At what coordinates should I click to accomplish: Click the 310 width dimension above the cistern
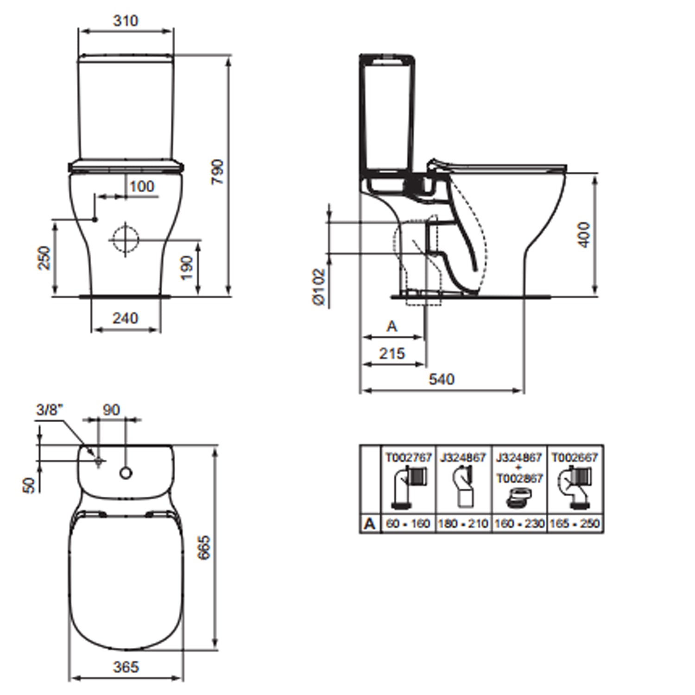coord(126,21)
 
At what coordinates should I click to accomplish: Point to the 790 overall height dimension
coord(217,172)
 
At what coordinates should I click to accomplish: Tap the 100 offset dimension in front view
coord(141,186)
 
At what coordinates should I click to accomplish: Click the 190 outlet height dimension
coord(187,268)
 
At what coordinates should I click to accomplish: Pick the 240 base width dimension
coord(125,318)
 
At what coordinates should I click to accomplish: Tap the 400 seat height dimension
coord(584,234)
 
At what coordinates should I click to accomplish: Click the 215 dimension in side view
coord(392,354)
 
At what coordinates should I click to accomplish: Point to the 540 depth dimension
coord(441,379)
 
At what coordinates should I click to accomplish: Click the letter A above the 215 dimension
coord(392,327)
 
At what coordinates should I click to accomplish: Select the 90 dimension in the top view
coord(111,410)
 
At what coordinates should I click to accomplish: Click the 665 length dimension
coord(204,548)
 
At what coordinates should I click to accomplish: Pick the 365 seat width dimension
coord(126,667)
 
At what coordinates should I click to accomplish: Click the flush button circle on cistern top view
coord(126,473)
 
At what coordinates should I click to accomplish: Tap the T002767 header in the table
coord(408,458)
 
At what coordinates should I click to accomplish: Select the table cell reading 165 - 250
coord(575,524)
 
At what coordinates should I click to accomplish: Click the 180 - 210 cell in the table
coord(463,524)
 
